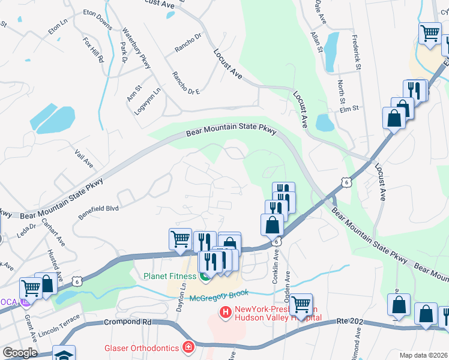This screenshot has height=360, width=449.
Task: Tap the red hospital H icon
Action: pos(226,312)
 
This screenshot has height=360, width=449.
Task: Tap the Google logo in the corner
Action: pos(20,353)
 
